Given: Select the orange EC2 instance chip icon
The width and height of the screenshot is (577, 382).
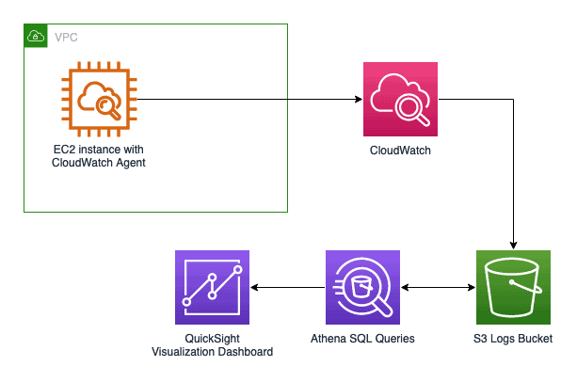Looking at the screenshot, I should point(99,99).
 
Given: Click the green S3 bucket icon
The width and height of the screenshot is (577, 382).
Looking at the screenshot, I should point(513,288).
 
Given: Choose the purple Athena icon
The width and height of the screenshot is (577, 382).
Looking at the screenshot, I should point(362,288).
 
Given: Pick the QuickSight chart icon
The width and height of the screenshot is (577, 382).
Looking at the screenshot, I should point(212,288).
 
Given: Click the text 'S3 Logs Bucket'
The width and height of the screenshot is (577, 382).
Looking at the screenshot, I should point(513,339).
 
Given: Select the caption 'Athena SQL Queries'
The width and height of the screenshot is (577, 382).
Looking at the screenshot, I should point(362,339).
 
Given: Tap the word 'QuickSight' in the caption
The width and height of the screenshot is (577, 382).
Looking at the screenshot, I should point(212,339).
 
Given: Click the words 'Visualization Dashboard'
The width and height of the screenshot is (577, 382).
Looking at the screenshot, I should point(212,352).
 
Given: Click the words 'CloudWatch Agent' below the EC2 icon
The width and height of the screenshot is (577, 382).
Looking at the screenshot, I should point(99,164).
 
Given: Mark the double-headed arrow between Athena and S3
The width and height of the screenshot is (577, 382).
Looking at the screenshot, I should point(438,288).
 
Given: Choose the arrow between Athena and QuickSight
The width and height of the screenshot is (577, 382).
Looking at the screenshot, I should point(287,288).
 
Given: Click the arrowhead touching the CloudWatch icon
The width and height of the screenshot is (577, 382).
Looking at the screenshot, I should point(359,98).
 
